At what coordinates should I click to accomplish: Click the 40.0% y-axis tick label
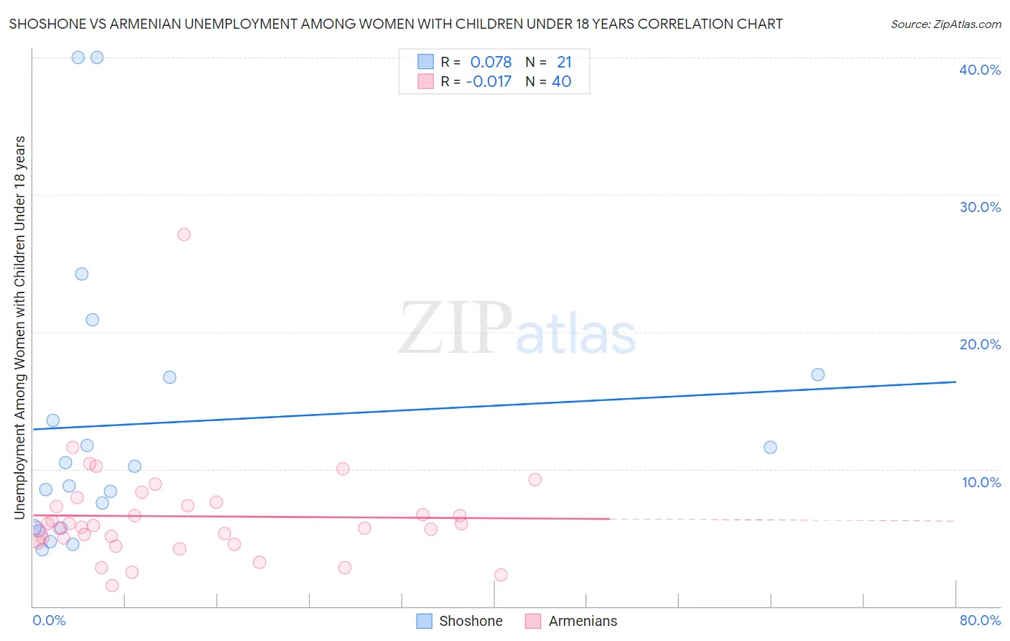pyautogui.click(x=980, y=70)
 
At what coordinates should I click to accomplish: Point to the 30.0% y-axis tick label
pyautogui.click(x=980, y=207)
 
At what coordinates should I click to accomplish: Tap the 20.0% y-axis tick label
pyautogui.click(x=980, y=344)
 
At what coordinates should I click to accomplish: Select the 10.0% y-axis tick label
pyautogui.click(x=981, y=482)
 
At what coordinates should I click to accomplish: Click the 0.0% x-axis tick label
pyautogui.click(x=50, y=620)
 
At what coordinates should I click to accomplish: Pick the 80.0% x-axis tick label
pyautogui.click(x=980, y=620)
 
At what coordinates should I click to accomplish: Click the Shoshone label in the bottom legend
pyautogui.click(x=471, y=621)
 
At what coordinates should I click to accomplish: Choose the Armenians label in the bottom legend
pyautogui.click(x=583, y=621)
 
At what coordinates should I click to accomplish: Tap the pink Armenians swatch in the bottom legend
pyautogui.click(x=532, y=621)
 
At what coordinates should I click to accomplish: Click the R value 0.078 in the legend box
pyautogui.click(x=491, y=62)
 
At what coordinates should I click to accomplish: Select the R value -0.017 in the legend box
pyautogui.click(x=488, y=81)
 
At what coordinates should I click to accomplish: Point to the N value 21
pyautogui.click(x=564, y=62)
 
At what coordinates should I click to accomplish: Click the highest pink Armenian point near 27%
pyautogui.click(x=184, y=234)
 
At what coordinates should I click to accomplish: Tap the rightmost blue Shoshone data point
pyautogui.click(x=817, y=374)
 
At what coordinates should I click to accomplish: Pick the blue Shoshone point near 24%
pyautogui.click(x=82, y=274)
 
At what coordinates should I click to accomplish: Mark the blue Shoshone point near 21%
pyautogui.click(x=93, y=320)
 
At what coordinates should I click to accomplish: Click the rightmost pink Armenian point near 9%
pyautogui.click(x=535, y=480)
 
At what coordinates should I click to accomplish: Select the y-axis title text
pyautogui.click(x=19, y=327)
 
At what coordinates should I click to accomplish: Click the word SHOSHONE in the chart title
pyautogui.click(x=45, y=24)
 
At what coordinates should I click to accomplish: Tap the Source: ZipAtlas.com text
pyautogui.click(x=945, y=24)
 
